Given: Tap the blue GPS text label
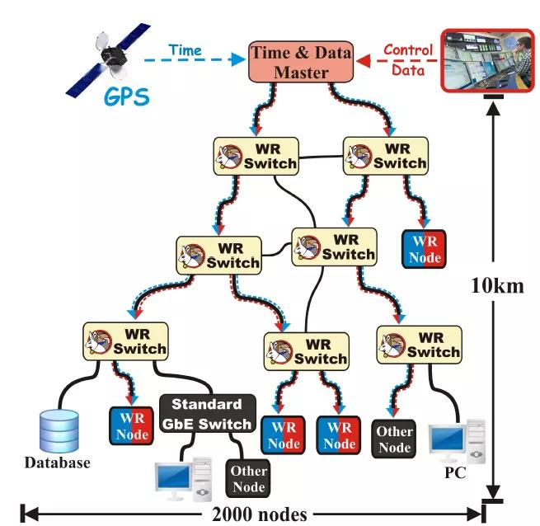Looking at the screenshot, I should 127,96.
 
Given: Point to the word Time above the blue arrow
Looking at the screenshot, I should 185,50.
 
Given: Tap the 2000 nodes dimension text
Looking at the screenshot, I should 259,514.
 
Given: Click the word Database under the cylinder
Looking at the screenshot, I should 57,463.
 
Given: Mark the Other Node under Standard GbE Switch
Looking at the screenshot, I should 248,478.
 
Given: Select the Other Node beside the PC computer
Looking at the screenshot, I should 394,437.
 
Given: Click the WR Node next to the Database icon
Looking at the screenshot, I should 132,426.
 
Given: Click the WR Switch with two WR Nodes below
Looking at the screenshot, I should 304,351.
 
